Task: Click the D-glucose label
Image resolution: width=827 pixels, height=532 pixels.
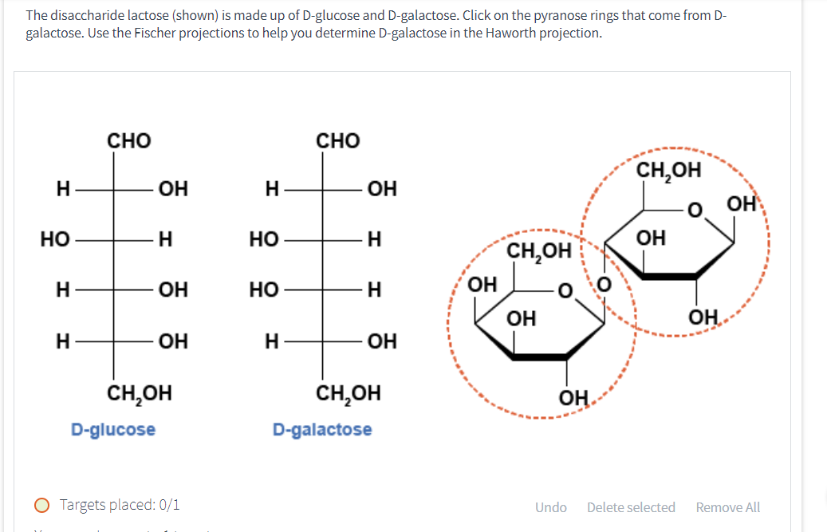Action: (113, 430)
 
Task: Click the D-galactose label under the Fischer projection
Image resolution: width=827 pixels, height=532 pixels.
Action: (322, 430)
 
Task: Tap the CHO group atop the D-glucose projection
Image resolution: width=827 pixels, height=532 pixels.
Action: (129, 141)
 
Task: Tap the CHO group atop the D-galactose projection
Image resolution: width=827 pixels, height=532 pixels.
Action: (338, 141)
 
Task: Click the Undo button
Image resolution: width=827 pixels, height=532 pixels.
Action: (551, 507)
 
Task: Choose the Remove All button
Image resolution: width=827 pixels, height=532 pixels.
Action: (727, 507)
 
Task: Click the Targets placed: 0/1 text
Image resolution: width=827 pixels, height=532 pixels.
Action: (120, 505)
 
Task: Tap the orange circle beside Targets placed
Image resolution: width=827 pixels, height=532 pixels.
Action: (41, 505)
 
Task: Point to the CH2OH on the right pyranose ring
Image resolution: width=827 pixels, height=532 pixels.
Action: (668, 170)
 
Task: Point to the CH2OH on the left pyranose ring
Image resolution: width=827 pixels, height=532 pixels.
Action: (540, 252)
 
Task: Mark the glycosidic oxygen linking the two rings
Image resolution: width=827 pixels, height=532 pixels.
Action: (603, 283)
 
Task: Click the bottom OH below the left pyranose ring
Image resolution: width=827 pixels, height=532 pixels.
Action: (573, 397)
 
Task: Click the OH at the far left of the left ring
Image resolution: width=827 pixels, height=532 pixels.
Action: (482, 285)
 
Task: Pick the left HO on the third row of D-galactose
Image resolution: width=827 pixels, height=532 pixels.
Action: (263, 290)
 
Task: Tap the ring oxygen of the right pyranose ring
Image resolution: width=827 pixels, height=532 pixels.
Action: (695, 212)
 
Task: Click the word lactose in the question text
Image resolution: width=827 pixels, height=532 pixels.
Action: (132, 16)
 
